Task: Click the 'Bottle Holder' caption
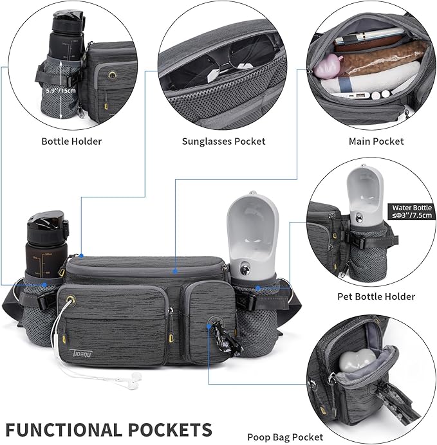[71, 141]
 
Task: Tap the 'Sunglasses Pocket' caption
[224, 141]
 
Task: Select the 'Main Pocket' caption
[376, 141]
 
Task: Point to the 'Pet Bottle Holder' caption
[376, 296]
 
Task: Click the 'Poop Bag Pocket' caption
[285, 437]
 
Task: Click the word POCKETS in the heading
[170, 430]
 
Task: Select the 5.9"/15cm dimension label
[60, 91]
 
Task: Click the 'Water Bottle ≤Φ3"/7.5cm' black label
[412, 212]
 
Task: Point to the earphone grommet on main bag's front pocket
[71, 299]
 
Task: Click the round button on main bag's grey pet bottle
[245, 268]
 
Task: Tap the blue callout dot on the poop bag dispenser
[209, 327]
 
